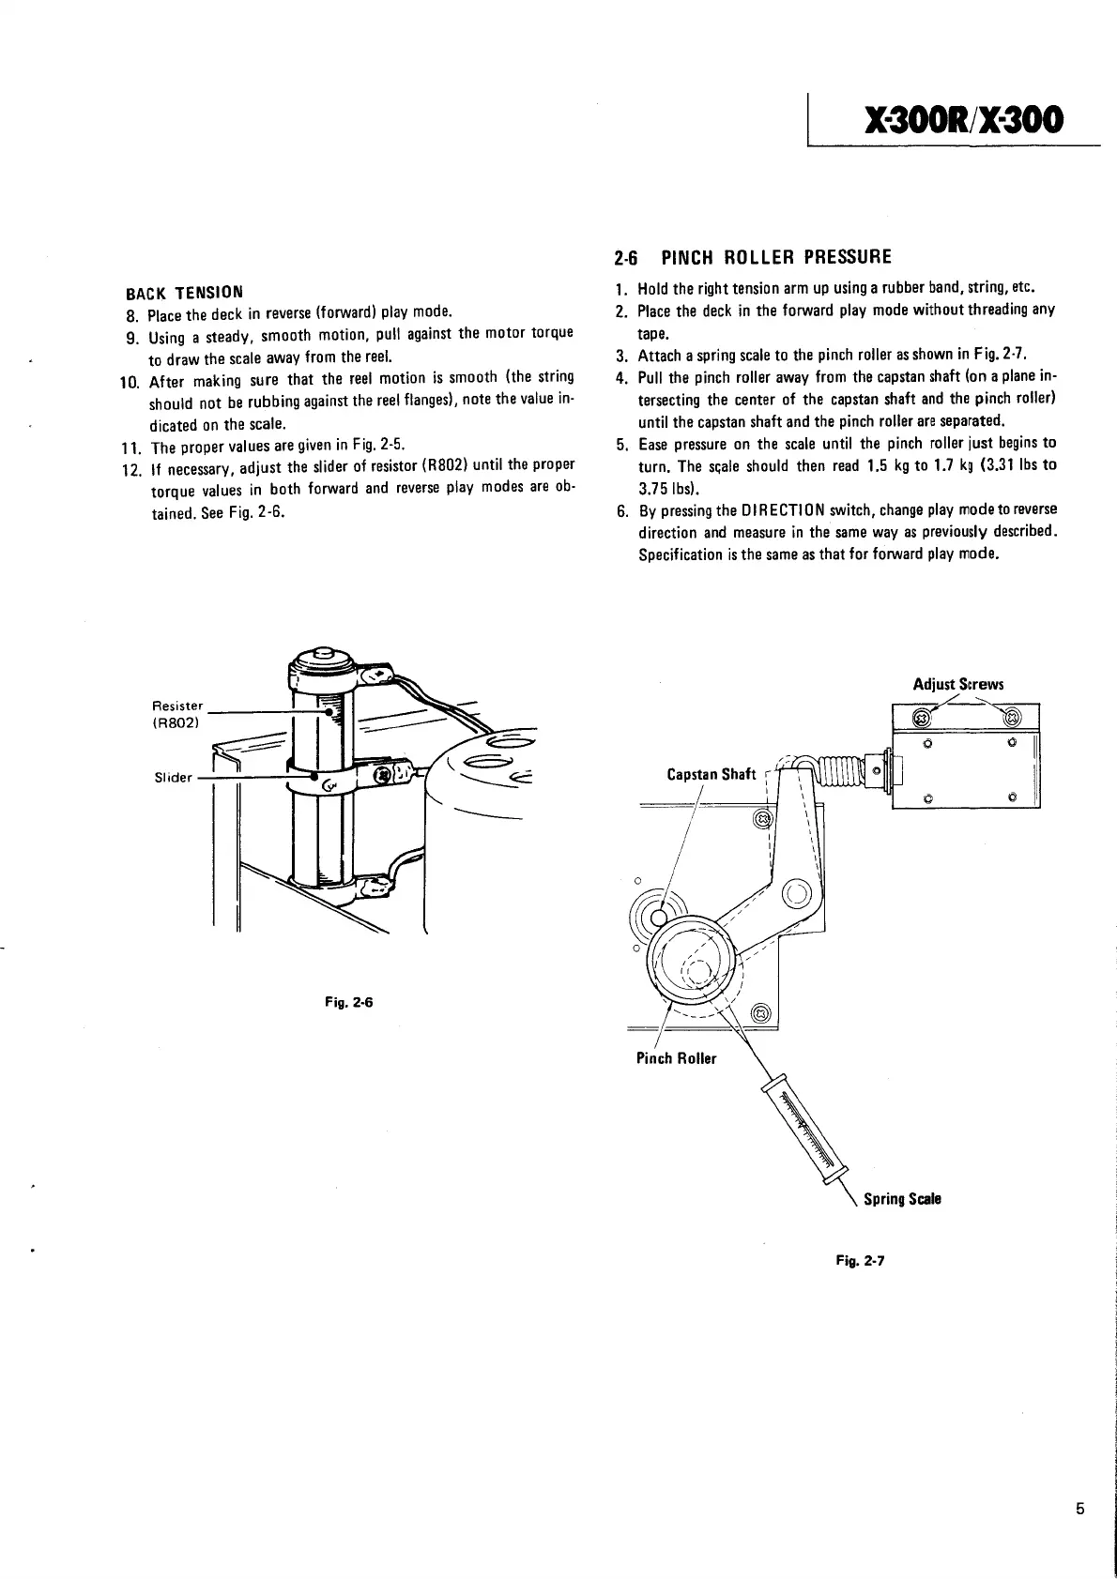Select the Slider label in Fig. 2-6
(x=173, y=777)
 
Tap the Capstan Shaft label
(x=711, y=774)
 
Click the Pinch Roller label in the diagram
(x=676, y=1058)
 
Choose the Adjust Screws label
(x=958, y=684)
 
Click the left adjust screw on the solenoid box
(x=922, y=719)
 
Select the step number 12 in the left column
(x=130, y=467)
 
